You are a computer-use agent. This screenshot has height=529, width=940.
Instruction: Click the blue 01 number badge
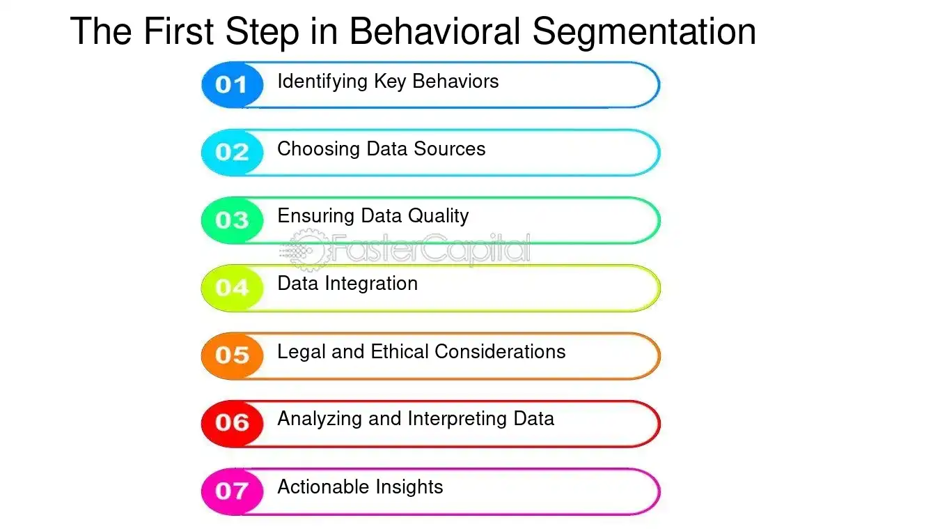coord(232,85)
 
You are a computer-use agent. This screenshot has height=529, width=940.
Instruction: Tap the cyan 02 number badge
coord(232,153)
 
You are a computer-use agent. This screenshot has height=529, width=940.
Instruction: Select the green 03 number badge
coord(232,220)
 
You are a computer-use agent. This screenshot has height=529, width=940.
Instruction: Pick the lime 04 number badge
coord(232,288)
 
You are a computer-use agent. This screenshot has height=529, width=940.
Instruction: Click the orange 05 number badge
coord(232,355)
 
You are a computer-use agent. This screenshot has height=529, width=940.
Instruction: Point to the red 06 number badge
coord(232,423)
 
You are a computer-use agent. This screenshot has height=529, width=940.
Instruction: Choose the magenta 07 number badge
coord(232,491)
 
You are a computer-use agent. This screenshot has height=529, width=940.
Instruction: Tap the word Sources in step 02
coord(450,149)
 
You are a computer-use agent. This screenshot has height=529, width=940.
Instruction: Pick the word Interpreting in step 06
coord(459,419)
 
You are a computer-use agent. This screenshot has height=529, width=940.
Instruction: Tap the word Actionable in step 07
coord(322,486)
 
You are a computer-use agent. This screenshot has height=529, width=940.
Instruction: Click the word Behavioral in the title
coord(434,31)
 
